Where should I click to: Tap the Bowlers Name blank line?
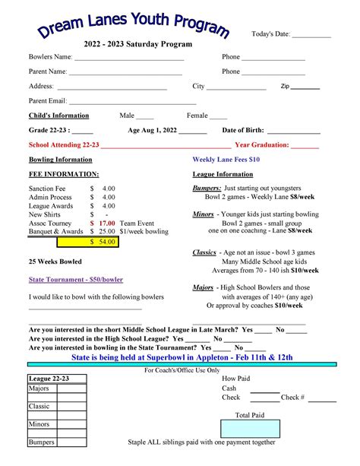coord(128,58)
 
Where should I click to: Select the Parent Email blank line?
coord(133,101)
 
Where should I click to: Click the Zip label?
coord(285,87)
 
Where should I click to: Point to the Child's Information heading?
coord(58,116)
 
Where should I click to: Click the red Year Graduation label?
coord(262,144)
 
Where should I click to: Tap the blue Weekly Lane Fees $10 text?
coord(226,160)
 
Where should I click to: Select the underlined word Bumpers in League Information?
coord(207,188)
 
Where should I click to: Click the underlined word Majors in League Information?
coord(203,288)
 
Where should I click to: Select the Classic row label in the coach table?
coord(39,407)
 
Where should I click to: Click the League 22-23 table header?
coord(49,379)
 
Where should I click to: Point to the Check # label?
coord(292,398)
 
